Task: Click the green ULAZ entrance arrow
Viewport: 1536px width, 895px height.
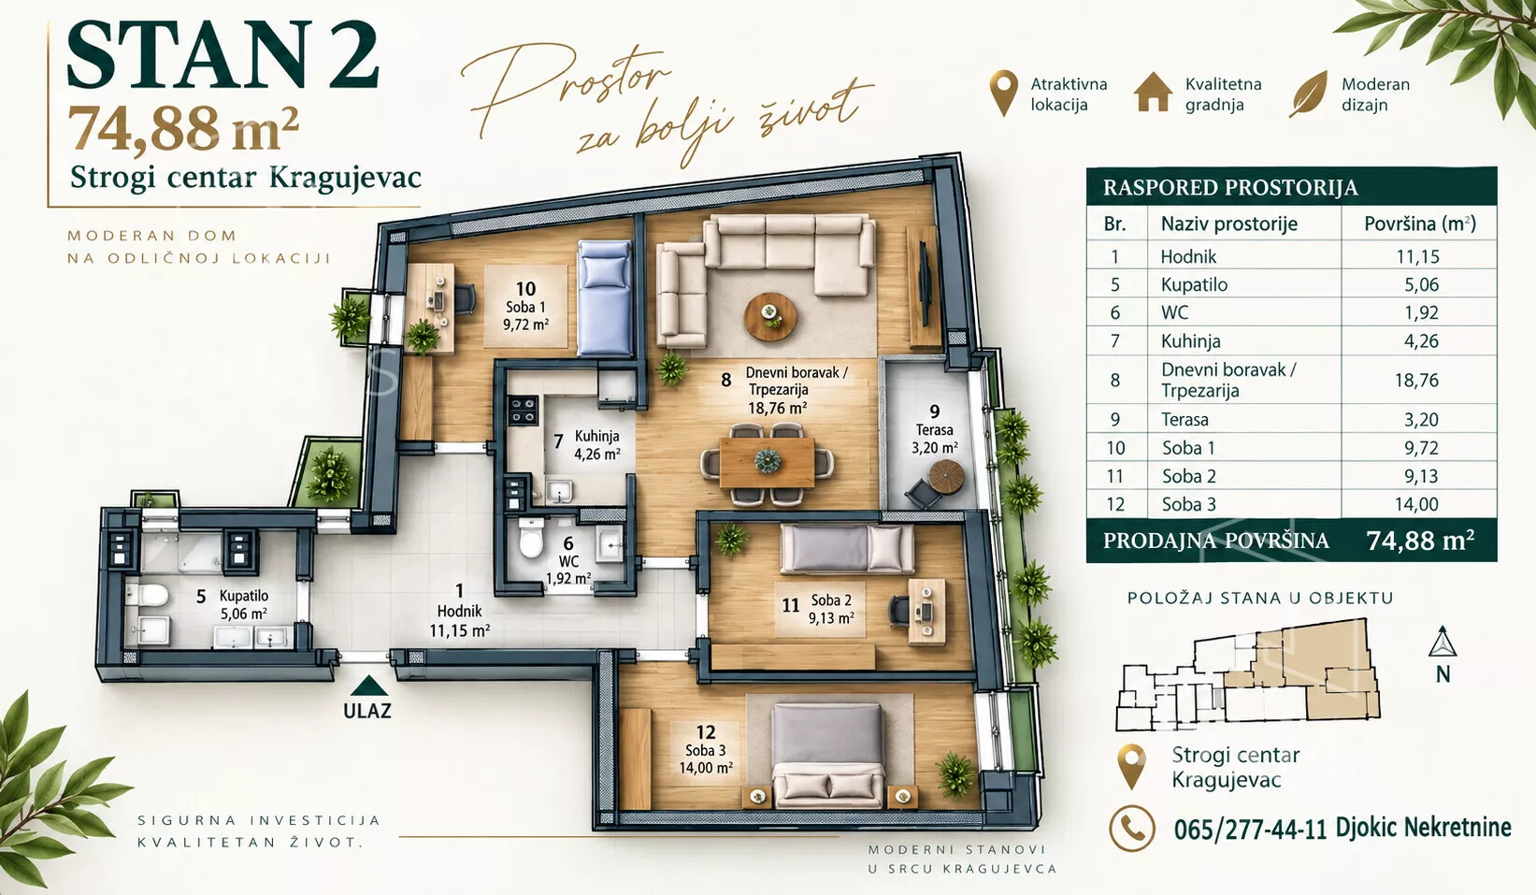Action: click(x=369, y=686)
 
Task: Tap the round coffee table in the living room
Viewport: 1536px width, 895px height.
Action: click(x=770, y=316)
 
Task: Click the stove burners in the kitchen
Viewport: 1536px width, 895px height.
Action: click(x=522, y=411)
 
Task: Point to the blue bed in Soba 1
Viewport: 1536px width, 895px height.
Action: click(x=604, y=297)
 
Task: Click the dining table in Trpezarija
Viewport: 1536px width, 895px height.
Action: click(x=767, y=462)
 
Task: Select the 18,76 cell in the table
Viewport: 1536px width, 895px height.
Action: click(x=1416, y=380)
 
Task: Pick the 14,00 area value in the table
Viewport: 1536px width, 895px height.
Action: click(x=1416, y=504)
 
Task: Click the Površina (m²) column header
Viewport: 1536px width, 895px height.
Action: click(x=1419, y=224)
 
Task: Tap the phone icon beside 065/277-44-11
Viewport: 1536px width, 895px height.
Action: click(x=1132, y=828)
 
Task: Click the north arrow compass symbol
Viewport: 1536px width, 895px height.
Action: click(x=1443, y=642)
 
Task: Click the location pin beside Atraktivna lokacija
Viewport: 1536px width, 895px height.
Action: click(x=1003, y=94)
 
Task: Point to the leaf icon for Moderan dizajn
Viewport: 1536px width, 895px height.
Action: click(x=1310, y=94)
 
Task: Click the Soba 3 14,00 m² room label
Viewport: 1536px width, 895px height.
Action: click(x=706, y=750)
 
